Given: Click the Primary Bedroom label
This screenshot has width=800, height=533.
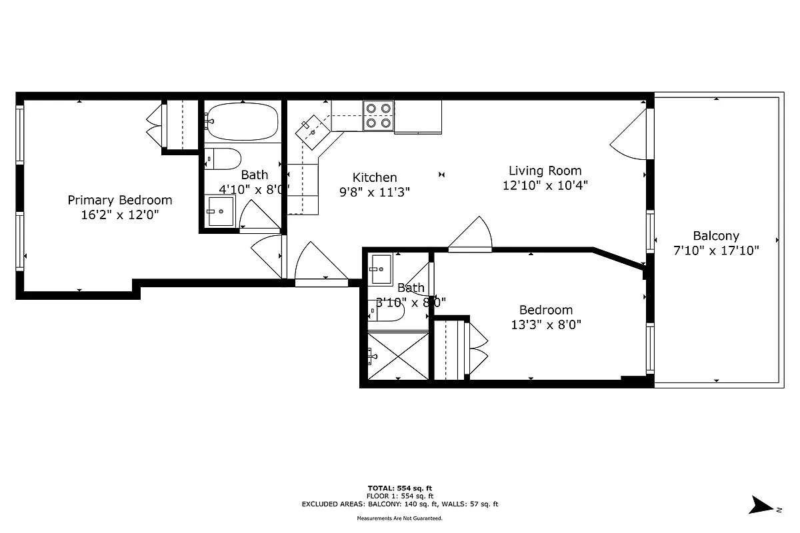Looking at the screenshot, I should (x=120, y=200).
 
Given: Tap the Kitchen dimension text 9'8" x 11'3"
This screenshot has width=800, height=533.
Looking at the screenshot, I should (x=375, y=192).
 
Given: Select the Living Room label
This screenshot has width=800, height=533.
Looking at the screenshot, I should (x=545, y=171).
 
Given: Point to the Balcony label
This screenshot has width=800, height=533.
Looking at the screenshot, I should (x=716, y=236).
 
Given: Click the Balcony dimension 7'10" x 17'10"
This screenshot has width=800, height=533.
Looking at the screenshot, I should (x=716, y=251).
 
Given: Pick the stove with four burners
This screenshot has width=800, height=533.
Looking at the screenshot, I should (x=378, y=115).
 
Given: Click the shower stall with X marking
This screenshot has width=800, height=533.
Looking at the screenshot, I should (x=398, y=356).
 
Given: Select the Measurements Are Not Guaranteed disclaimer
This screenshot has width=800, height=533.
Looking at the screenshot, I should (x=400, y=518).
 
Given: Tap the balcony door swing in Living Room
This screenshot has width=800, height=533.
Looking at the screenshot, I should (x=628, y=135).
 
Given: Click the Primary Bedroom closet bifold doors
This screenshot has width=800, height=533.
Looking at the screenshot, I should (x=155, y=125).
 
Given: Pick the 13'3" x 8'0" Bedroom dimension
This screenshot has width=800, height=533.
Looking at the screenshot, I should (x=545, y=325).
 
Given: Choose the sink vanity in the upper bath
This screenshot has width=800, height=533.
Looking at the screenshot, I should (x=219, y=211).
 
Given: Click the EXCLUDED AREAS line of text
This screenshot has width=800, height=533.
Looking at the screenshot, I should (x=400, y=504).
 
